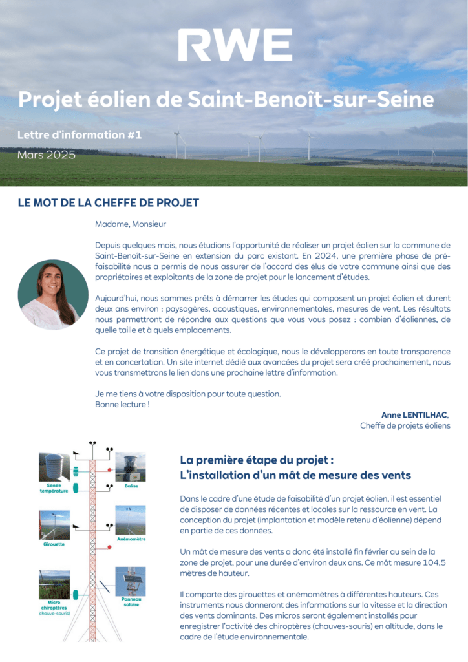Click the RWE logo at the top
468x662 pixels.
point(235,45)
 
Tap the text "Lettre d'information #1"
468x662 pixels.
point(80,135)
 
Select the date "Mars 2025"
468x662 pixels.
point(47,155)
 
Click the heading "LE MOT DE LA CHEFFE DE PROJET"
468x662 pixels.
point(109,202)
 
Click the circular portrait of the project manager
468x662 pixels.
point(53,295)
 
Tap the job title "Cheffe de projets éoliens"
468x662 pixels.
point(405,426)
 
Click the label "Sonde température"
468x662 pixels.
point(54,488)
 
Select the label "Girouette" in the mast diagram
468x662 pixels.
point(54,544)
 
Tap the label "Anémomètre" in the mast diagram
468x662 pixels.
point(131,539)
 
